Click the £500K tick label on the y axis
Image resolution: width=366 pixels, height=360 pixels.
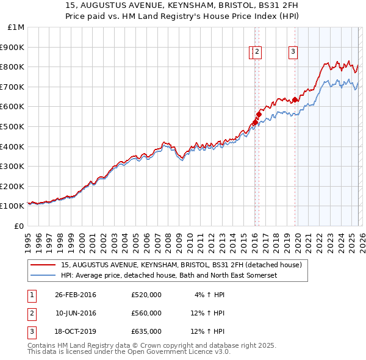pyautogui.click(x=12, y=126)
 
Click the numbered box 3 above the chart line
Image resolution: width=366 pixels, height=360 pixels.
pyautogui.click(x=293, y=52)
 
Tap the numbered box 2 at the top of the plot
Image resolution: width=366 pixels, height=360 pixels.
pyautogui.click(x=257, y=52)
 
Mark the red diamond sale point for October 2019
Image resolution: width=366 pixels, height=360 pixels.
pyautogui.click(x=295, y=99)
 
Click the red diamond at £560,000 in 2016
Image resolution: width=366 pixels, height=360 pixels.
pyautogui.click(x=259, y=114)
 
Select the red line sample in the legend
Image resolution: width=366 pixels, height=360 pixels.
pyautogui.click(x=43, y=265)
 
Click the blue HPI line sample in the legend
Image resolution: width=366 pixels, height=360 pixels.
pyautogui.click(x=43, y=276)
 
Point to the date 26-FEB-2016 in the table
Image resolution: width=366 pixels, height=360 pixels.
pyautogui.click(x=76, y=295)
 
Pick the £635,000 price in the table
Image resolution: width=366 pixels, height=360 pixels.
pyautogui.click(x=146, y=332)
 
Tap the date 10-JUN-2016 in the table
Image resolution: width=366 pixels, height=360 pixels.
pyautogui.click(x=76, y=314)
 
